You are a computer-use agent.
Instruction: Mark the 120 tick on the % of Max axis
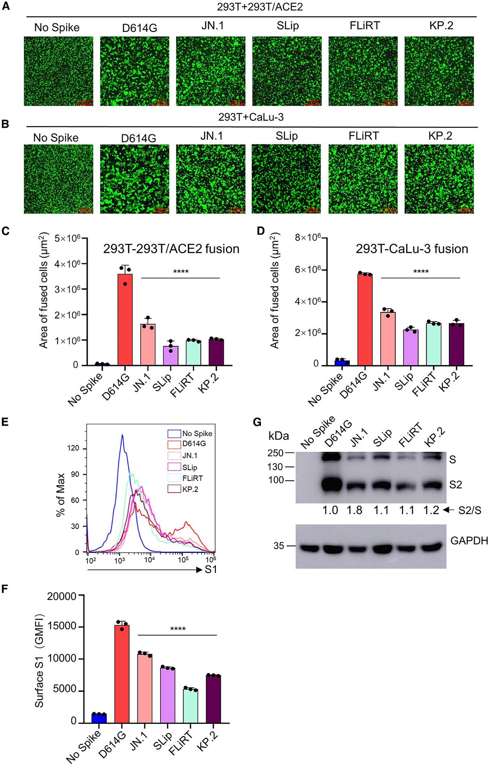pyautogui.click(x=79, y=449)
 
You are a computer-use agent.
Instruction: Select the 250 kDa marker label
pyautogui.click(x=277, y=453)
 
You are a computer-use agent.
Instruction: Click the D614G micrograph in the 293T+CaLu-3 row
pyautogui.click(x=135, y=179)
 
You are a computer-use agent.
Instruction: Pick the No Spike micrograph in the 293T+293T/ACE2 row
pyautogui.click(x=58, y=71)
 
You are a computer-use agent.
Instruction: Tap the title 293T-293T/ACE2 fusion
pyautogui.click(x=171, y=249)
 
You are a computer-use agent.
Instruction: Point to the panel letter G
pyautogui.click(x=257, y=422)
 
